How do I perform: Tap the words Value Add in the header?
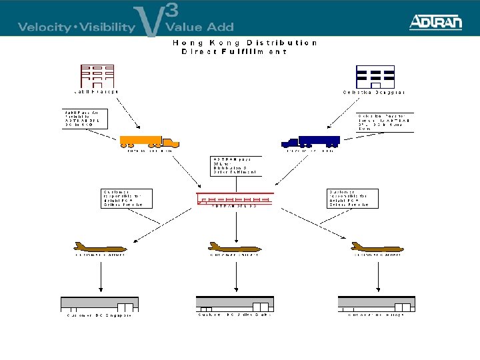(199, 27)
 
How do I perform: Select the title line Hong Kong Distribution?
(245, 43)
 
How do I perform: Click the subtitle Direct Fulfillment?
(234, 51)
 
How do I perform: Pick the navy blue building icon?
(375, 77)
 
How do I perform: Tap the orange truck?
(149, 141)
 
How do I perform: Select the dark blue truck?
(311, 141)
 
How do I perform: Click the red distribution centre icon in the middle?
(235, 199)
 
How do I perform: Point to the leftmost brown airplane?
(101, 247)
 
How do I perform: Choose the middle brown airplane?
(234, 247)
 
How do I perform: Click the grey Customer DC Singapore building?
(99, 303)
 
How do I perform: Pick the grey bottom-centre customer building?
(234, 303)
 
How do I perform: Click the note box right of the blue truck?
(385, 121)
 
